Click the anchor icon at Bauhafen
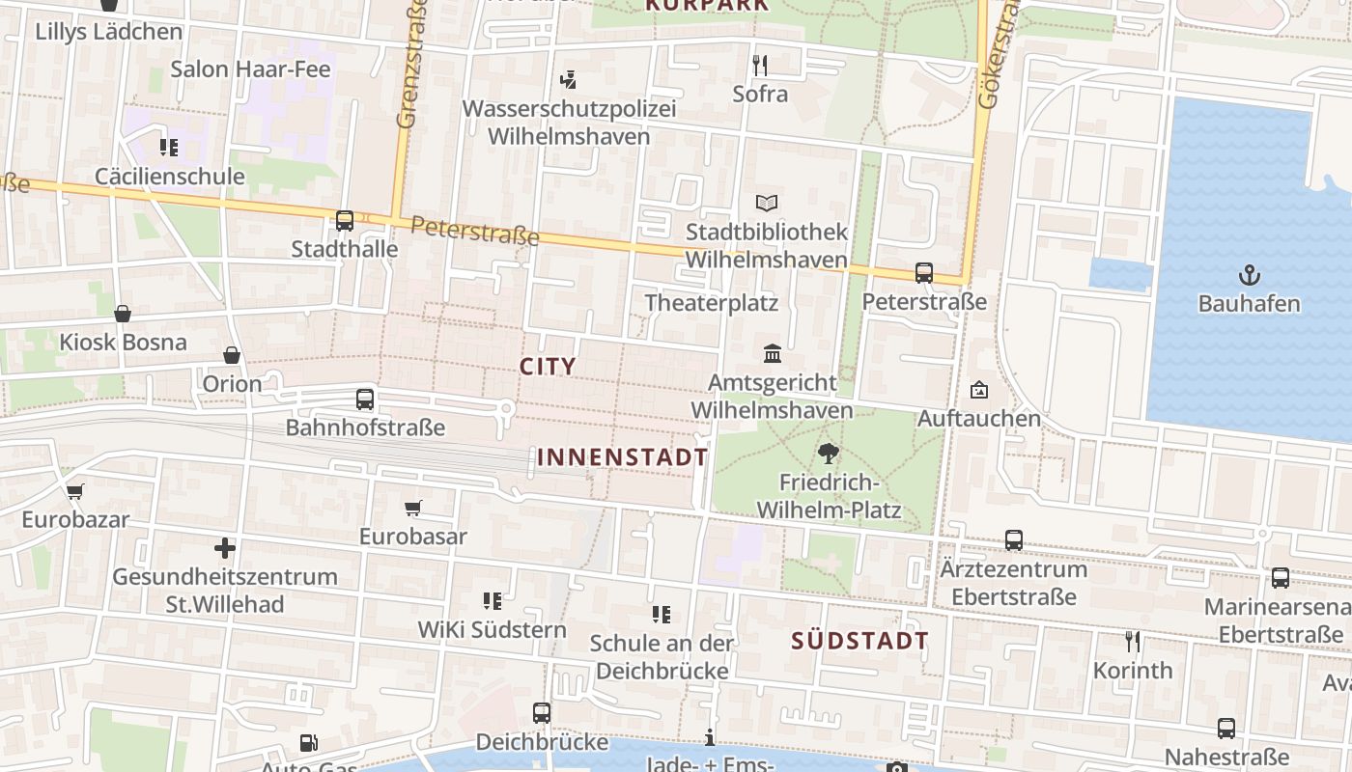tap(1250, 274)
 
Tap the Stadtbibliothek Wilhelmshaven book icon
tap(767, 204)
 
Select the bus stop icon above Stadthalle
tap(345, 220)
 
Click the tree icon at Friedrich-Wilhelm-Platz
tap(828, 454)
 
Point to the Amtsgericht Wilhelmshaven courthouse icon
tap(773, 354)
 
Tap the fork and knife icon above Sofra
tap(760, 65)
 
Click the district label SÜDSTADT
tap(859, 640)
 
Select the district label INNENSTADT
tap(622, 457)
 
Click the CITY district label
tap(548, 367)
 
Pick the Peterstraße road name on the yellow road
tap(474, 232)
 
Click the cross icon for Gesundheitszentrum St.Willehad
tap(225, 548)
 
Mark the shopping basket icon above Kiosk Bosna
tap(123, 314)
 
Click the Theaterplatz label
tap(711, 302)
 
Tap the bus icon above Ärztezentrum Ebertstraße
tap(1014, 540)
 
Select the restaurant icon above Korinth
tap(1133, 641)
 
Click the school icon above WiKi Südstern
tap(493, 601)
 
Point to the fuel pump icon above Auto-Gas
tap(308, 742)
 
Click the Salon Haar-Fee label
tap(250, 69)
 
